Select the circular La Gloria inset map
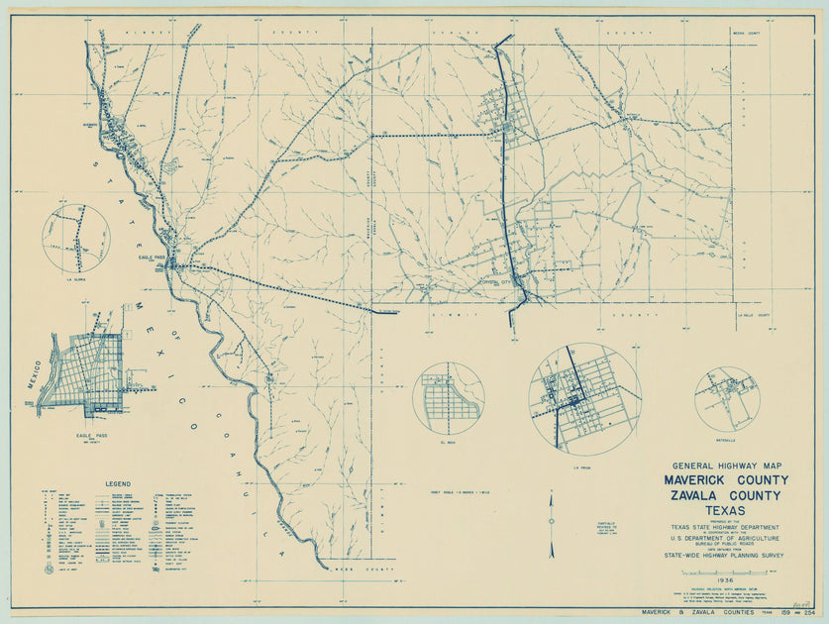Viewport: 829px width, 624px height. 75,239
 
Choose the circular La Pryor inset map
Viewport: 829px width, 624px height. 584,398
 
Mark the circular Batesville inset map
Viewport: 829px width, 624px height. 725,399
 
